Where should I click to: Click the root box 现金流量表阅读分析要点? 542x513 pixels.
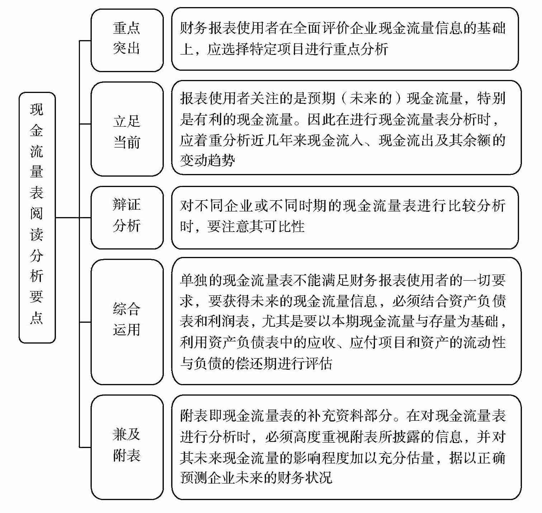click(x=37, y=218)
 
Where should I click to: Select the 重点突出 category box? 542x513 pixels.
click(x=127, y=40)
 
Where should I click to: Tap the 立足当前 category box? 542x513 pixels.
click(x=127, y=129)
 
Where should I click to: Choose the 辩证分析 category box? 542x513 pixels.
click(x=127, y=217)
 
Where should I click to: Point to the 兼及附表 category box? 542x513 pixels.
click(x=127, y=447)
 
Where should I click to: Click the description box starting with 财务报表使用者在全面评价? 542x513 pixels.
click(x=345, y=39)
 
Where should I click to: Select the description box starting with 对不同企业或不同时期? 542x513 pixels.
click(x=345, y=217)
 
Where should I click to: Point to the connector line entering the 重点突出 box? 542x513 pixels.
click(x=85, y=41)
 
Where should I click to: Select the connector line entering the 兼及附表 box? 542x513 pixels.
click(x=85, y=447)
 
